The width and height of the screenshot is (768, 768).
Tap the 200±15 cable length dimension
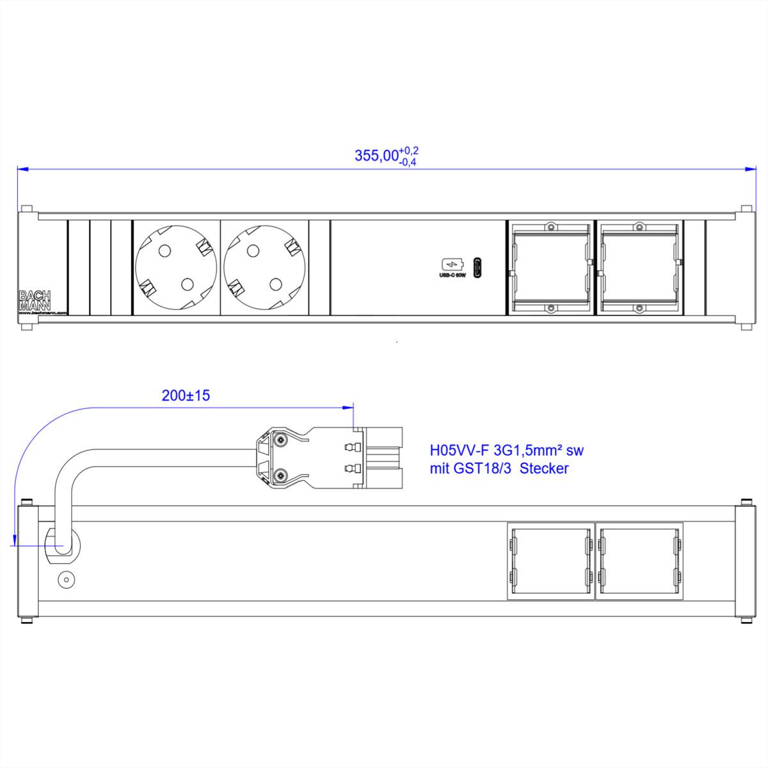point(186,396)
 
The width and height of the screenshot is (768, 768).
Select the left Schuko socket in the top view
point(175,269)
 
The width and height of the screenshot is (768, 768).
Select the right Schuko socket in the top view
point(264,269)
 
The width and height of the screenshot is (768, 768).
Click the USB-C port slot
point(477,268)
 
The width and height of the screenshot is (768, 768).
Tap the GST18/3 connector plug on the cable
point(329,458)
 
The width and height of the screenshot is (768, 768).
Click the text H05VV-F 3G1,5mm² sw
point(506,451)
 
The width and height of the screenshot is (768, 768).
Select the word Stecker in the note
point(544,468)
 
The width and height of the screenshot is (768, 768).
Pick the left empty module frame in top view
point(550,268)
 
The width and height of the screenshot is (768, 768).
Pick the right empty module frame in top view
point(639,268)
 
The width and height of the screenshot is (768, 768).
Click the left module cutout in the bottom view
point(550,561)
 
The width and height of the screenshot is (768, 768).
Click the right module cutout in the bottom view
point(639,561)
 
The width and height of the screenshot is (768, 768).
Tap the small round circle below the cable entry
point(65,580)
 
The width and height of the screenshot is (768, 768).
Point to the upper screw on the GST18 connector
point(280,440)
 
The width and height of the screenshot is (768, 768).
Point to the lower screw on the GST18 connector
point(280,476)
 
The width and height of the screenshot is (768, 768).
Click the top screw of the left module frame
point(550,227)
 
